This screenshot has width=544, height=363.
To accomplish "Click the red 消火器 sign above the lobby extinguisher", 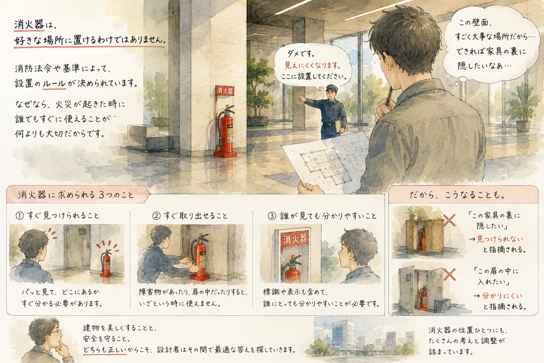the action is coord(225,91).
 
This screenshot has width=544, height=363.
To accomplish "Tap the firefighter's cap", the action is coord(330,87).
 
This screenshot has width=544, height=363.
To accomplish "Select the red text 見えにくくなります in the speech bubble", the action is coord(312,65).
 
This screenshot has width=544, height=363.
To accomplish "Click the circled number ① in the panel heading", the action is coord(19,216).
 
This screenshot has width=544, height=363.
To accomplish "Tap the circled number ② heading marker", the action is coord(156,216).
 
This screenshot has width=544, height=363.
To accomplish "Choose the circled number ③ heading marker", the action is coord(272,216).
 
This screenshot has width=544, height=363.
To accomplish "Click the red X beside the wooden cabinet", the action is coord(449,220).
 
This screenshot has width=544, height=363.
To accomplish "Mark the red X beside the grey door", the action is coord(449,274).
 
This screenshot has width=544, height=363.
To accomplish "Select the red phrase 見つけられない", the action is coord(500,239).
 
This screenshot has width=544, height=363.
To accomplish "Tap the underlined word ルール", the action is coord(54,84).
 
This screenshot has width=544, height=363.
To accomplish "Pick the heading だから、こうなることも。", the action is coord(457,195).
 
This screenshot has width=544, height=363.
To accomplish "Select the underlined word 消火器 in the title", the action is coord(29,25).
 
